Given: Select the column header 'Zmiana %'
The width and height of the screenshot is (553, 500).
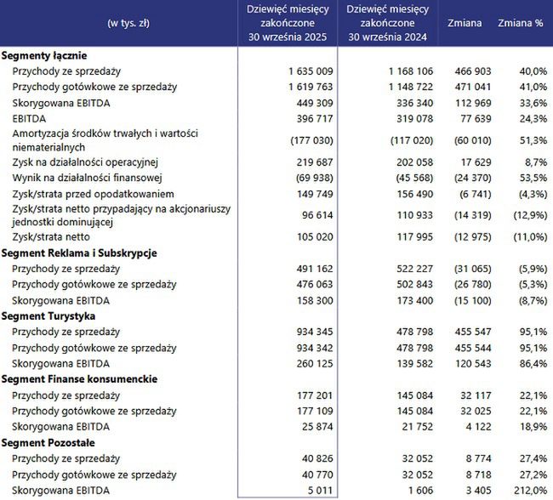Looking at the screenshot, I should pos(520,23).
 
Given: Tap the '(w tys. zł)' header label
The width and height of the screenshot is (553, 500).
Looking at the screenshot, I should pos(117,23).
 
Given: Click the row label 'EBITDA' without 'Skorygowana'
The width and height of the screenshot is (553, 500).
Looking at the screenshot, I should pos(30,118).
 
